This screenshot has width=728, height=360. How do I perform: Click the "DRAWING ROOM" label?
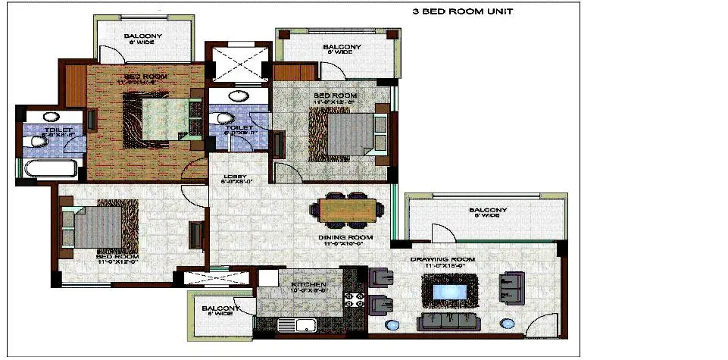point(442,260)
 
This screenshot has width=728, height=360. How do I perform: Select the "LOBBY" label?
point(233,177)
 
